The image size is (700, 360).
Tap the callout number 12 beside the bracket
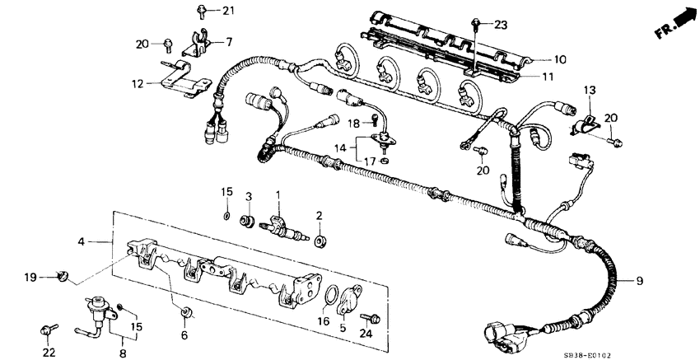pos(137,83)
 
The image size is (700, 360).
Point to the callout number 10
pos(560,59)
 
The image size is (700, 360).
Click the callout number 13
pos(589,89)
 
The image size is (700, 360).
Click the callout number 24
pos(366,333)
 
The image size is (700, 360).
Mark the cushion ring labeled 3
pos(245,220)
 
